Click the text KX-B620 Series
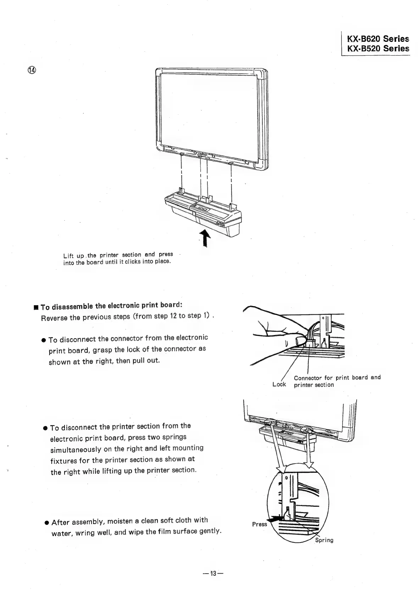(x=378, y=39)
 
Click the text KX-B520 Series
(x=378, y=49)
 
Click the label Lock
(x=279, y=385)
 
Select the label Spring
(x=324, y=540)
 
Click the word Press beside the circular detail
(x=259, y=524)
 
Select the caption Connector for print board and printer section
(x=337, y=381)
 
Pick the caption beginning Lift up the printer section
(x=118, y=258)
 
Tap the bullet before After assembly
(x=47, y=523)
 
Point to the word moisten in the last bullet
(x=119, y=521)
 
